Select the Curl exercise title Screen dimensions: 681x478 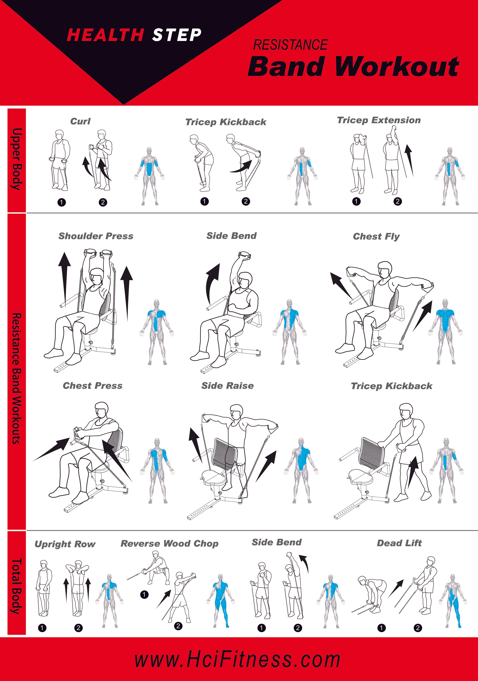80,121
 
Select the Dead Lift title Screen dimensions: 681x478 399,543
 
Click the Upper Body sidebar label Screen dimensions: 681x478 17,159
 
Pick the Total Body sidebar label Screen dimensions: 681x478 17,586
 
